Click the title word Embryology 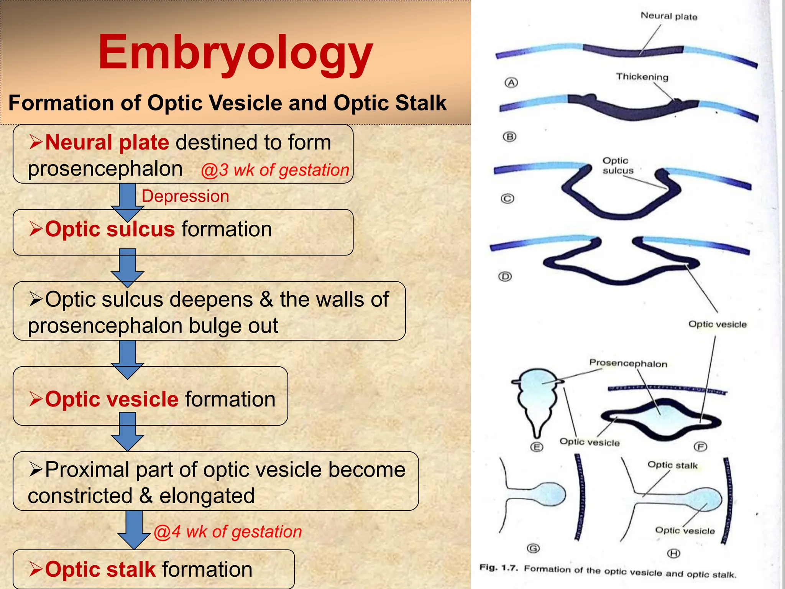pyautogui.click(x=235, y=53)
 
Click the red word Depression pyautogui.click(x=185, y=196)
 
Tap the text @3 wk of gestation pyautogui.click(x=275, y=170)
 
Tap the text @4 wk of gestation pyautogui.click(x=228, y=532)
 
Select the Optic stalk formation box pyautogui.click(x=153, y=569)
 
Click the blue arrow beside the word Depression pyautogui.click(x=128, y=201)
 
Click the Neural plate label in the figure pyautogui.click(x=669, y=16)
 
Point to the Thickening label pyautogui.click(x=642, y=77)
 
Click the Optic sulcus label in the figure pyautogui.click(x=617, y=166)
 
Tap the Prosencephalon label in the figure pyautogui.click(x=628, y=363)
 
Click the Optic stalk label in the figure pyautogui.click(x=672, y=465)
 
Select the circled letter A pyautogui.click(x=511, y=82)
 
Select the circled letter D pyautogui.click(x=505, y=276)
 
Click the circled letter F pyautogui.click(x=700, y=447)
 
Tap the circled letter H pyautogui.click(x=673, y=553)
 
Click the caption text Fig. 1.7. pyautogui.click(x=498, y=568)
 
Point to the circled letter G pyautogui.click(x=533, y=548)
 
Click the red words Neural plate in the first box pyautogui.click(x=107, y=142)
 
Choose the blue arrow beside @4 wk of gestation pyautogui.click(x=133, y=529)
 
